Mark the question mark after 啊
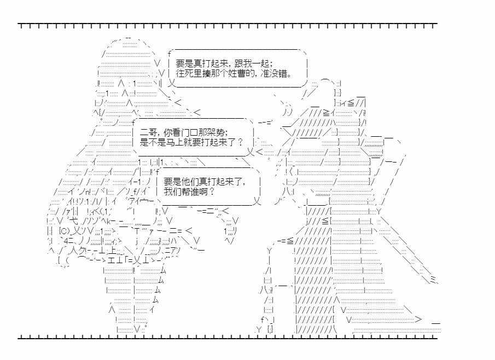pyautogui.click(x=211, y=192)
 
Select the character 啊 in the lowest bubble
pyautogui.click(x=204, y=192)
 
